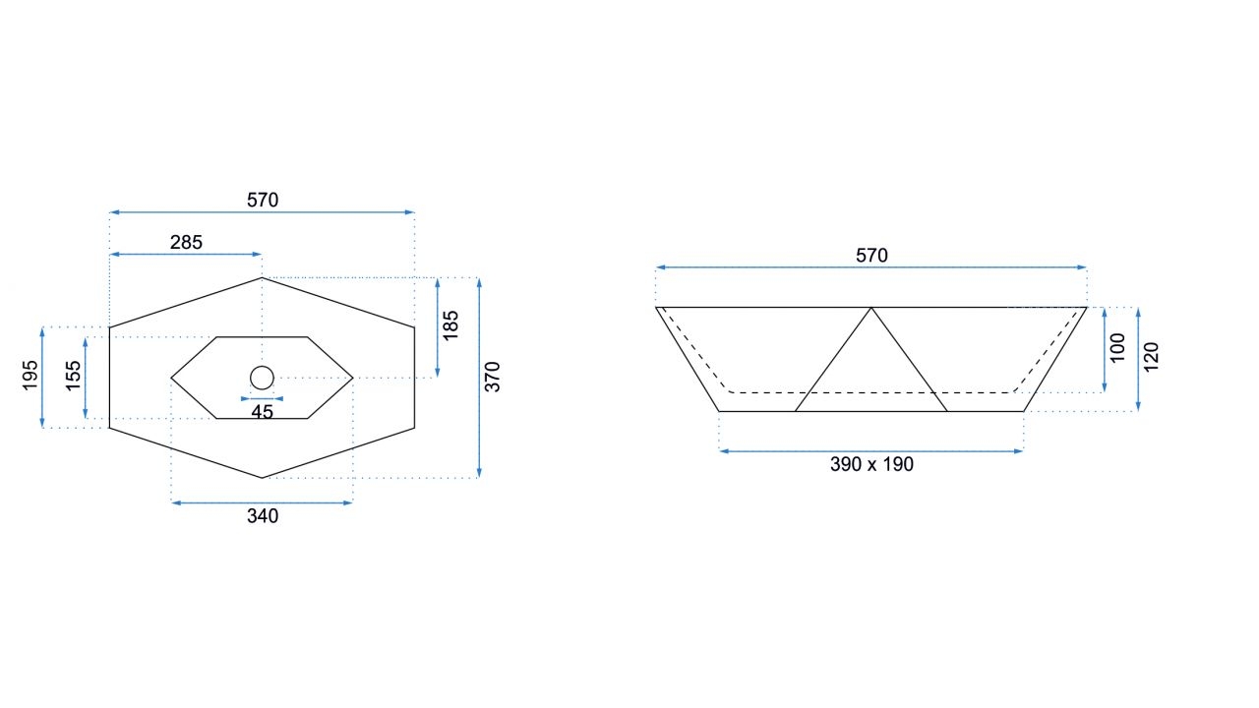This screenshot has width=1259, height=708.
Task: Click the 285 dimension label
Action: point(186,242)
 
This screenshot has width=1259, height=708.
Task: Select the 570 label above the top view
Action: point(263,200)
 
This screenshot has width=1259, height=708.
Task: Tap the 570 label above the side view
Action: point(871,256)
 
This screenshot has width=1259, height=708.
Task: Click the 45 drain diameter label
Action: point(262,412)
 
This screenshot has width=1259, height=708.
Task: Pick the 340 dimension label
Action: point(263,516)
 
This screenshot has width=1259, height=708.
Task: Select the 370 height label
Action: point(493,377)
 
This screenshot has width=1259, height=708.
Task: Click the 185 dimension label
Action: point(450,325)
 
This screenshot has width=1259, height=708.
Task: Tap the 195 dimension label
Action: point(30,376)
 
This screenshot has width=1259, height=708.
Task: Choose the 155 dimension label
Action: point(74,376)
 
